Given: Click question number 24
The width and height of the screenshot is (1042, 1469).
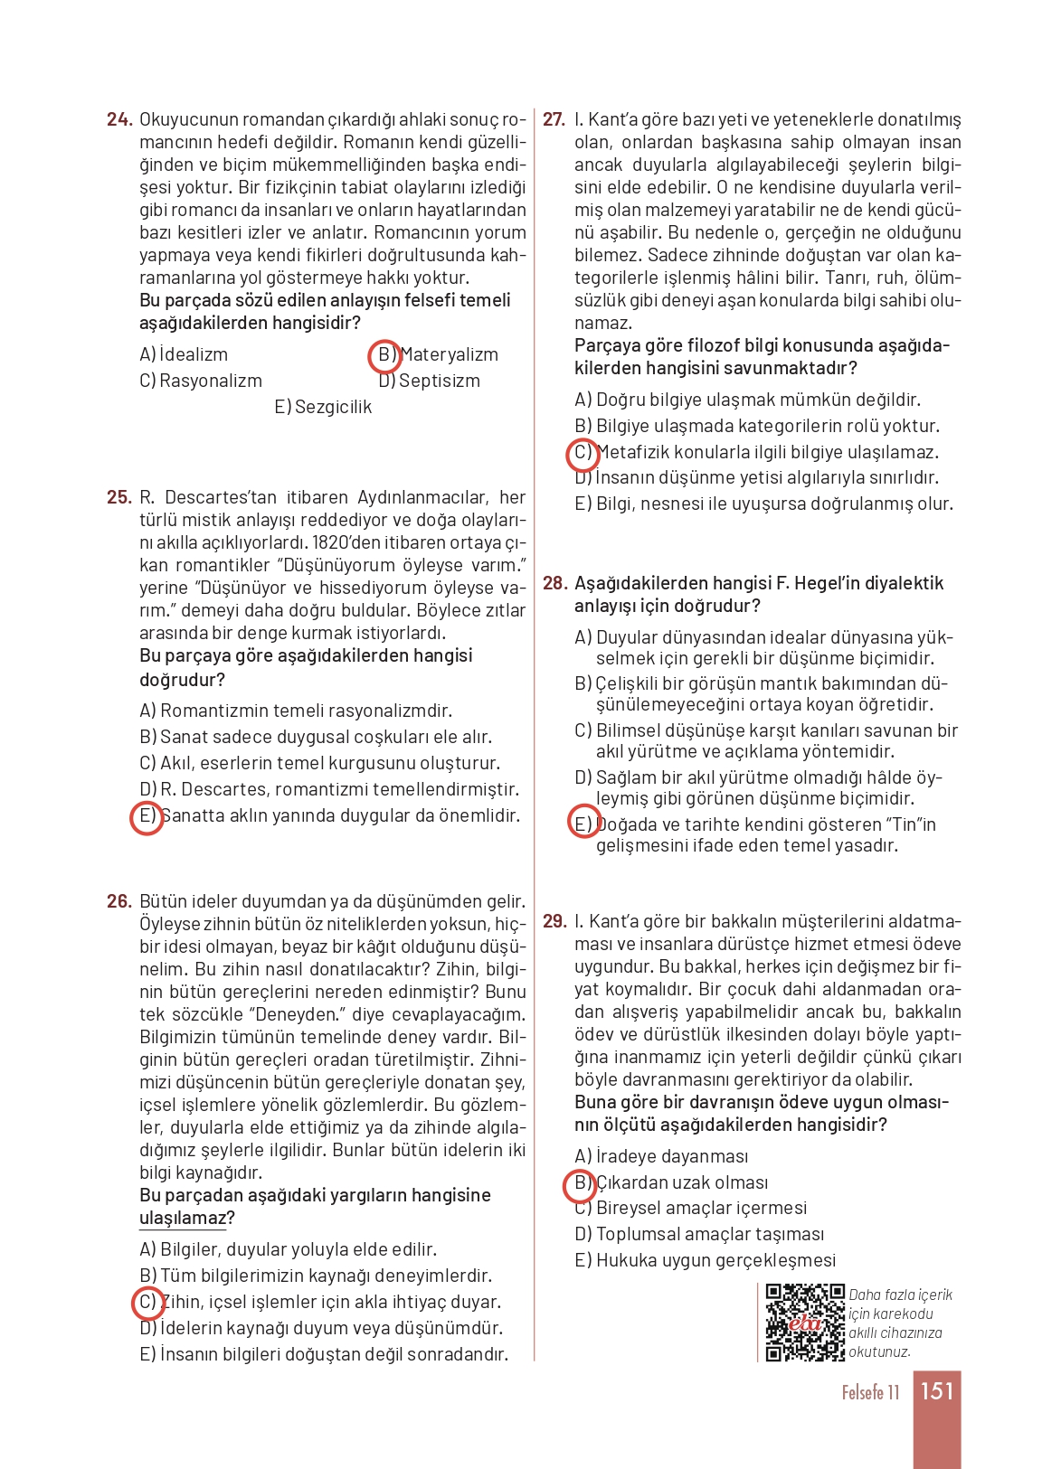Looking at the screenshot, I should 119,119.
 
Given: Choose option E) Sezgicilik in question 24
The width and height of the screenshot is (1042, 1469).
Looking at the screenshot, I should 323,407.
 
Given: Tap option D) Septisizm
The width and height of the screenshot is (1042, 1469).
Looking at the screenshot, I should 430,381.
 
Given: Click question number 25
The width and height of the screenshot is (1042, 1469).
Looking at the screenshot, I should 119,497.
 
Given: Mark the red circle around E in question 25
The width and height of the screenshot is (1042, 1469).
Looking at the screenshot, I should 147,816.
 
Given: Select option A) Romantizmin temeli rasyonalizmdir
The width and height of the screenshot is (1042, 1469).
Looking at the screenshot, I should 296,711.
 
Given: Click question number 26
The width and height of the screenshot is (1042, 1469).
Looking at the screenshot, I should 119,901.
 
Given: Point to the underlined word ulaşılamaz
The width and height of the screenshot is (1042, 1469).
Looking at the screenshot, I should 182,1218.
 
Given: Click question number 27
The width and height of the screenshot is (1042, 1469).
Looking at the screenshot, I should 554,119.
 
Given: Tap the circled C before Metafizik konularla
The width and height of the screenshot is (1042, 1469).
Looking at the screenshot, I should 583,453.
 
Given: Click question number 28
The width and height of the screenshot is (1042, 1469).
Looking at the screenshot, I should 554,583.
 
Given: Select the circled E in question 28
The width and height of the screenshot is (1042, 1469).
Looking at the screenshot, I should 583,823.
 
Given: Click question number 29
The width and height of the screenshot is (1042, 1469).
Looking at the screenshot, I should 554,921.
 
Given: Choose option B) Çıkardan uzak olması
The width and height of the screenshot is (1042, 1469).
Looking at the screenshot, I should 671,1182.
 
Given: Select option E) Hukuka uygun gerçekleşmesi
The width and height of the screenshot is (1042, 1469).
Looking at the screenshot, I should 706,1260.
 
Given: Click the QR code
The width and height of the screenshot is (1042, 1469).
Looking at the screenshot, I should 804,1322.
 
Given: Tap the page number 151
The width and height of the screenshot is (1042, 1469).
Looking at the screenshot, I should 937,1390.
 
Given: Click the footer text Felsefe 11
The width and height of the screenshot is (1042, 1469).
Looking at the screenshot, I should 870,1392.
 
